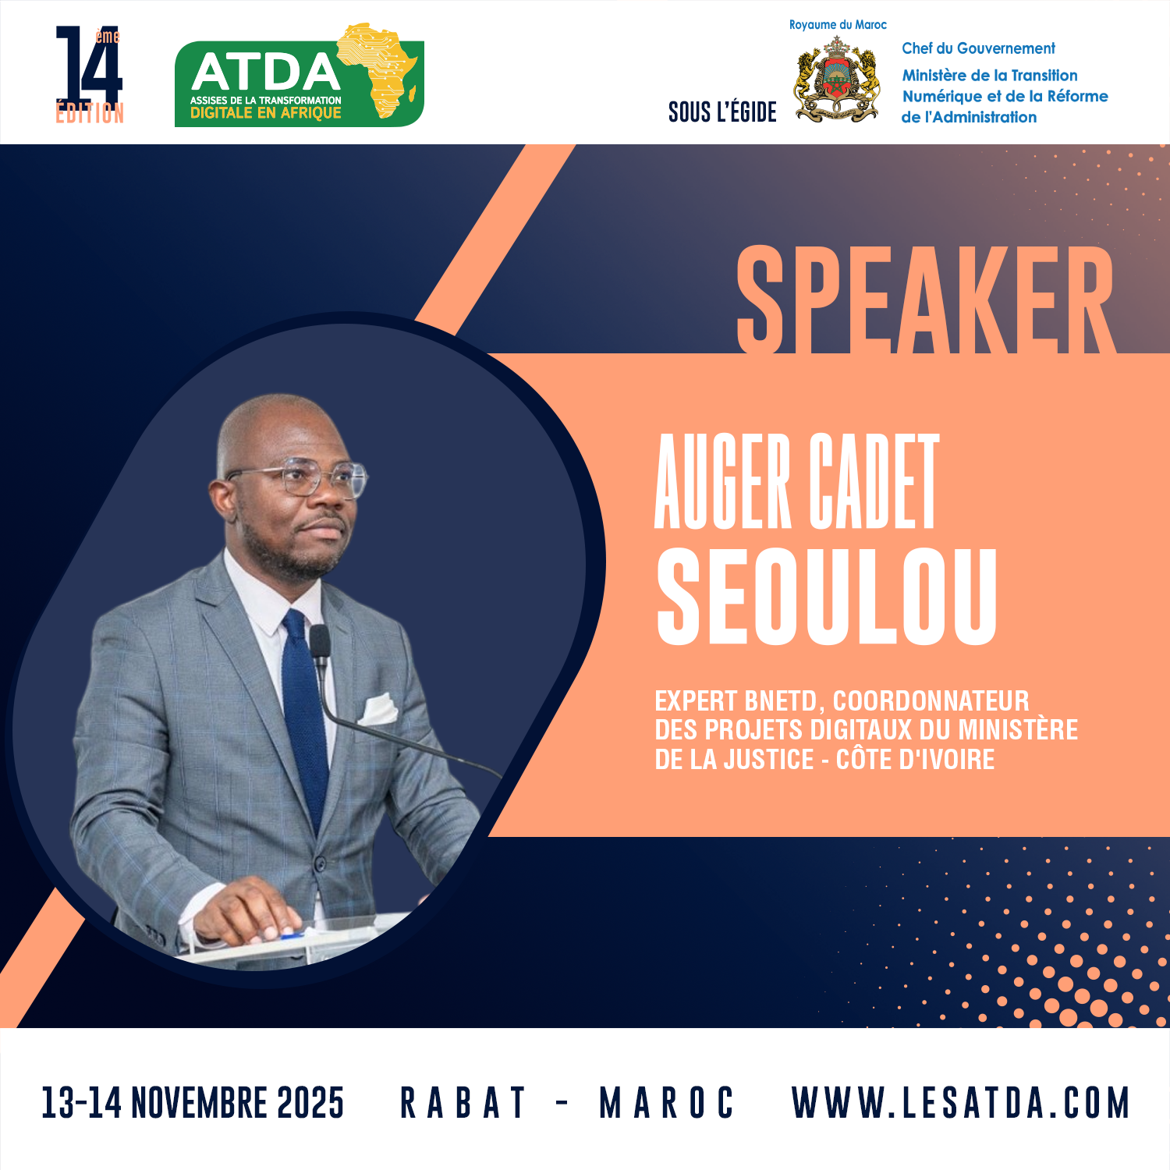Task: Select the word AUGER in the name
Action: click(x=723, y=481)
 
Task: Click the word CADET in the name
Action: click(x=874, y=481)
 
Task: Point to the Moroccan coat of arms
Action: click(x=837, y=80)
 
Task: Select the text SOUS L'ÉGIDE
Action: click(x=722, y=112)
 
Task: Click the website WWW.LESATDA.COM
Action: click(x=961, y=1103)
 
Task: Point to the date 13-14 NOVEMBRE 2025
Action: click(x=193, y=1103)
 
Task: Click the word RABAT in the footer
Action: click(x=463, y=1103)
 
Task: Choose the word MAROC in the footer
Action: click(x=667, y=1103)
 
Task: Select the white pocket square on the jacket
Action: click(x=378, y=709)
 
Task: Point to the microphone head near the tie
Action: click(x=320, y=643)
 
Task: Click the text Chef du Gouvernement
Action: click(x=978, y=48)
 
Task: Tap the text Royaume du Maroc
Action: click(x=838, y=25)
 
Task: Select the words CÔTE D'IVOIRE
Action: click(x=916, y=759)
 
